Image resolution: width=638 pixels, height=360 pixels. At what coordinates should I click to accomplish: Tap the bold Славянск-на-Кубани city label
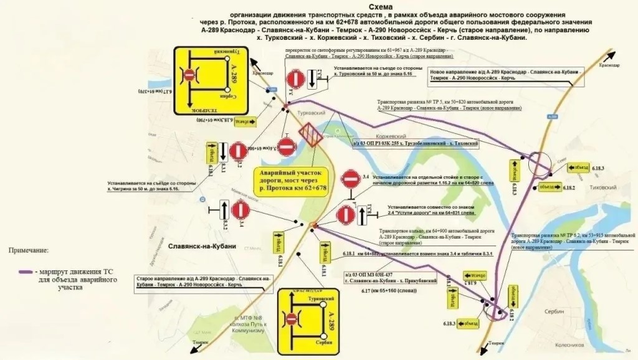pyautogui.click(x=202, y=246)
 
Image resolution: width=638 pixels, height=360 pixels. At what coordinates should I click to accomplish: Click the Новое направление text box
pyautogui.click(x=507, y=76)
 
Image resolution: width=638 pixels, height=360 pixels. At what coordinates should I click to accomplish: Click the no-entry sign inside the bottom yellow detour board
pyautogui.click(x=292, y=318)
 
